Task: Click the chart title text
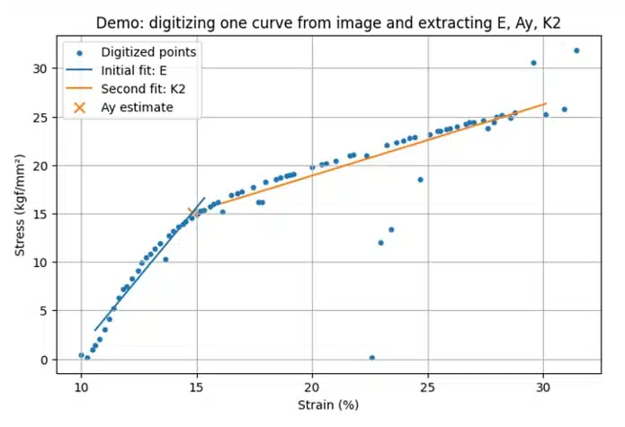coord(328,23)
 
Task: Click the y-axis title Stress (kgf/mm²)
coord(20,205)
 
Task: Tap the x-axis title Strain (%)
coord(328,405)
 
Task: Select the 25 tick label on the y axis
coord(40,118)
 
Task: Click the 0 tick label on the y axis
coord(43,360)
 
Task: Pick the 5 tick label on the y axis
coord(43,311)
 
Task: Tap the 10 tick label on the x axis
coord(81,387)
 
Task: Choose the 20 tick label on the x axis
coord(312,387)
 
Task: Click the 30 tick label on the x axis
coord(543,387)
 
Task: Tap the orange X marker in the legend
coord(80,108)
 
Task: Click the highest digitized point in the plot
coord(576,50)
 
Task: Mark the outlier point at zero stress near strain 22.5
coord(372,358)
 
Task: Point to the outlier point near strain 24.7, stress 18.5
coord(420,180)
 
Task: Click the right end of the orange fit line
coord(546,103)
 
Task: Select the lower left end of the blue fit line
coord(94,330)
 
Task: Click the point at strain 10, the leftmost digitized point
coord(81,355)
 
